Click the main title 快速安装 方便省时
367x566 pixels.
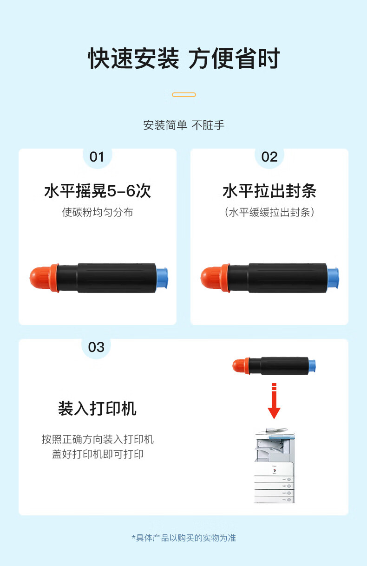click(x=184, y=59)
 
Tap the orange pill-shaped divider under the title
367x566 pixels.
click(x=184, y=95)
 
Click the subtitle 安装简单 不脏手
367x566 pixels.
click(x=184, y=125)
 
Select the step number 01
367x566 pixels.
click(x=97, y=157)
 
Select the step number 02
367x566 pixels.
click(x=269, y=157)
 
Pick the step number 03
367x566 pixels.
click(x=96, y=347)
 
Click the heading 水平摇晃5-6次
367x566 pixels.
click(x=98, y=191)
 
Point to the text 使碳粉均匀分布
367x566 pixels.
click(x=98, y=212)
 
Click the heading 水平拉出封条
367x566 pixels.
click(x=269, y=191)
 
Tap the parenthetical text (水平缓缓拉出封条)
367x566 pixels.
click(x=269, y=212)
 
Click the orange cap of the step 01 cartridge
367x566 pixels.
click(x=44, y=278)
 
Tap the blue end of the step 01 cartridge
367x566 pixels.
click(x=162, y=278)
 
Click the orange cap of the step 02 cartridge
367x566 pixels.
click(x=216, y=278)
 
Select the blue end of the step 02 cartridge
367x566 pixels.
click(x=333, y=278)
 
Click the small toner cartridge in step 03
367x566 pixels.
click(x=274, y=365)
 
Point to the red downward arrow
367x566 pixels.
click(x=274, y=401)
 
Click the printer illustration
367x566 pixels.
click(x=275, y=465)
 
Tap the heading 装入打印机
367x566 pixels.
click(x=97, y=409)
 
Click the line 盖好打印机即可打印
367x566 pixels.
click(x=98, y=454)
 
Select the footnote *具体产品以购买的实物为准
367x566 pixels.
click(x=184, y=538)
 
